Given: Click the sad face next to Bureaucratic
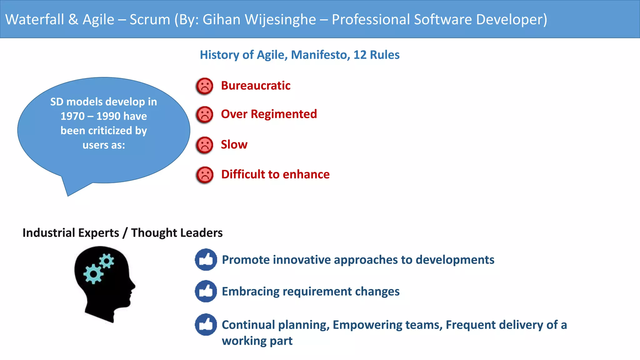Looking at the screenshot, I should click(205, 86).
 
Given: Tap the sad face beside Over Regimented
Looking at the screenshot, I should click(205, 115).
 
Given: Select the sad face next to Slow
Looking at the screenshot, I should click(205, 145).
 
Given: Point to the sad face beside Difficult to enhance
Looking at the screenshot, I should click(205, 175).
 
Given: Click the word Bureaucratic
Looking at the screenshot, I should click(256, 86).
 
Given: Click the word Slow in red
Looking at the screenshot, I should click(234, 145).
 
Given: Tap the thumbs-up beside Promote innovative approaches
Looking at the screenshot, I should click(206, 260).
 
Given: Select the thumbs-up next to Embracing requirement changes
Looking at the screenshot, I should click(206, 291).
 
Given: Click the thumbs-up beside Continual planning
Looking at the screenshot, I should click(206, 324).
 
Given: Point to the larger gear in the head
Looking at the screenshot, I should click(93, 274).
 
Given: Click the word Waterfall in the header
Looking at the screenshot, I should click(35, 19).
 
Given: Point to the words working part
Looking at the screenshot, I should click(257, 341).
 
